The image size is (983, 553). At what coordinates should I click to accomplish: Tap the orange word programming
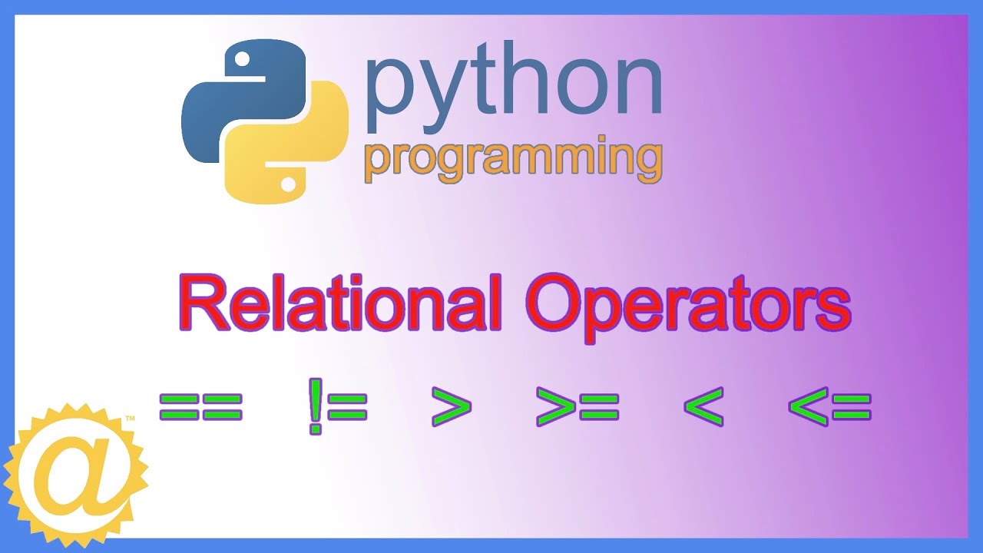513,159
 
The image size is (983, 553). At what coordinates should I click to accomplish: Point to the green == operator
200,407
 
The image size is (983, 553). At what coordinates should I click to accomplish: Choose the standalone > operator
451,407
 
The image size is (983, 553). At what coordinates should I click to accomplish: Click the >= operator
578,407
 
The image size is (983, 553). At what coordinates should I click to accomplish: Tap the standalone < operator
703,407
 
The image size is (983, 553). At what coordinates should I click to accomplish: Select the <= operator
829,407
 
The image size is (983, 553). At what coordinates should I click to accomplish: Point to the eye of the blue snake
241,59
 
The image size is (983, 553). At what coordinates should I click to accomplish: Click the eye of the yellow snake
288,184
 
